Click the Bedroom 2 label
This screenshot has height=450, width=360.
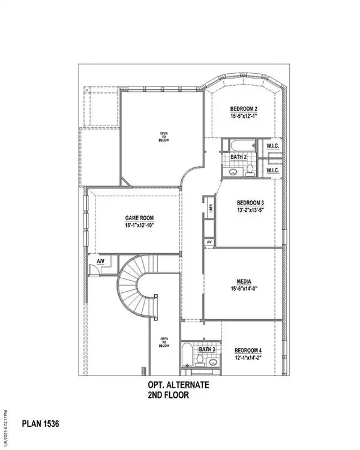[245, 109]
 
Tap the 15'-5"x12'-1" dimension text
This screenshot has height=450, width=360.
[245, 116]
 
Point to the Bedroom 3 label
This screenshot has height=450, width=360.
[250, 203]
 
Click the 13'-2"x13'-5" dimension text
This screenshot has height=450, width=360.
[250, 211]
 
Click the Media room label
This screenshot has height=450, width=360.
[244, 281]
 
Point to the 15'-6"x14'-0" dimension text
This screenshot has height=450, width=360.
[244, 289]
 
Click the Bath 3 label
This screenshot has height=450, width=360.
[207, 349]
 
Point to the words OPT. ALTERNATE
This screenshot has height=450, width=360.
[178, 387]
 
